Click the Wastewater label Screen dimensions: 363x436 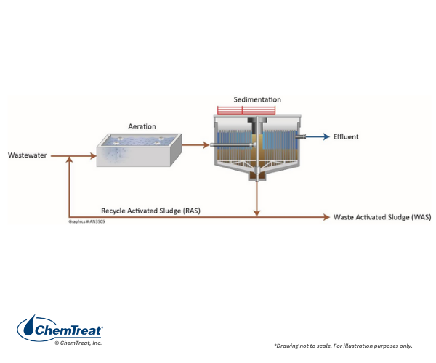pyautogui.click(x=28, y=155)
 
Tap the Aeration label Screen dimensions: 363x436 pyautogui.click(x=142, y=126)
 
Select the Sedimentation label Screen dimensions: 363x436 pyautogui.click(x=257, y=99)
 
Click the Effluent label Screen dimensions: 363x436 pyautogui.click(x=346, y=136)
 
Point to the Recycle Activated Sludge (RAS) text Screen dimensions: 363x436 pyautogui.click(x=150, y=211)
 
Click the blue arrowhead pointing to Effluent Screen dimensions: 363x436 pyautogui.click(x=325, y=136)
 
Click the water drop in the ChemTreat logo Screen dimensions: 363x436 pyautogui.click(x=29, y=325)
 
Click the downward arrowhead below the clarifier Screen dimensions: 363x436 pyautogui.click(x=257, y=213)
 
